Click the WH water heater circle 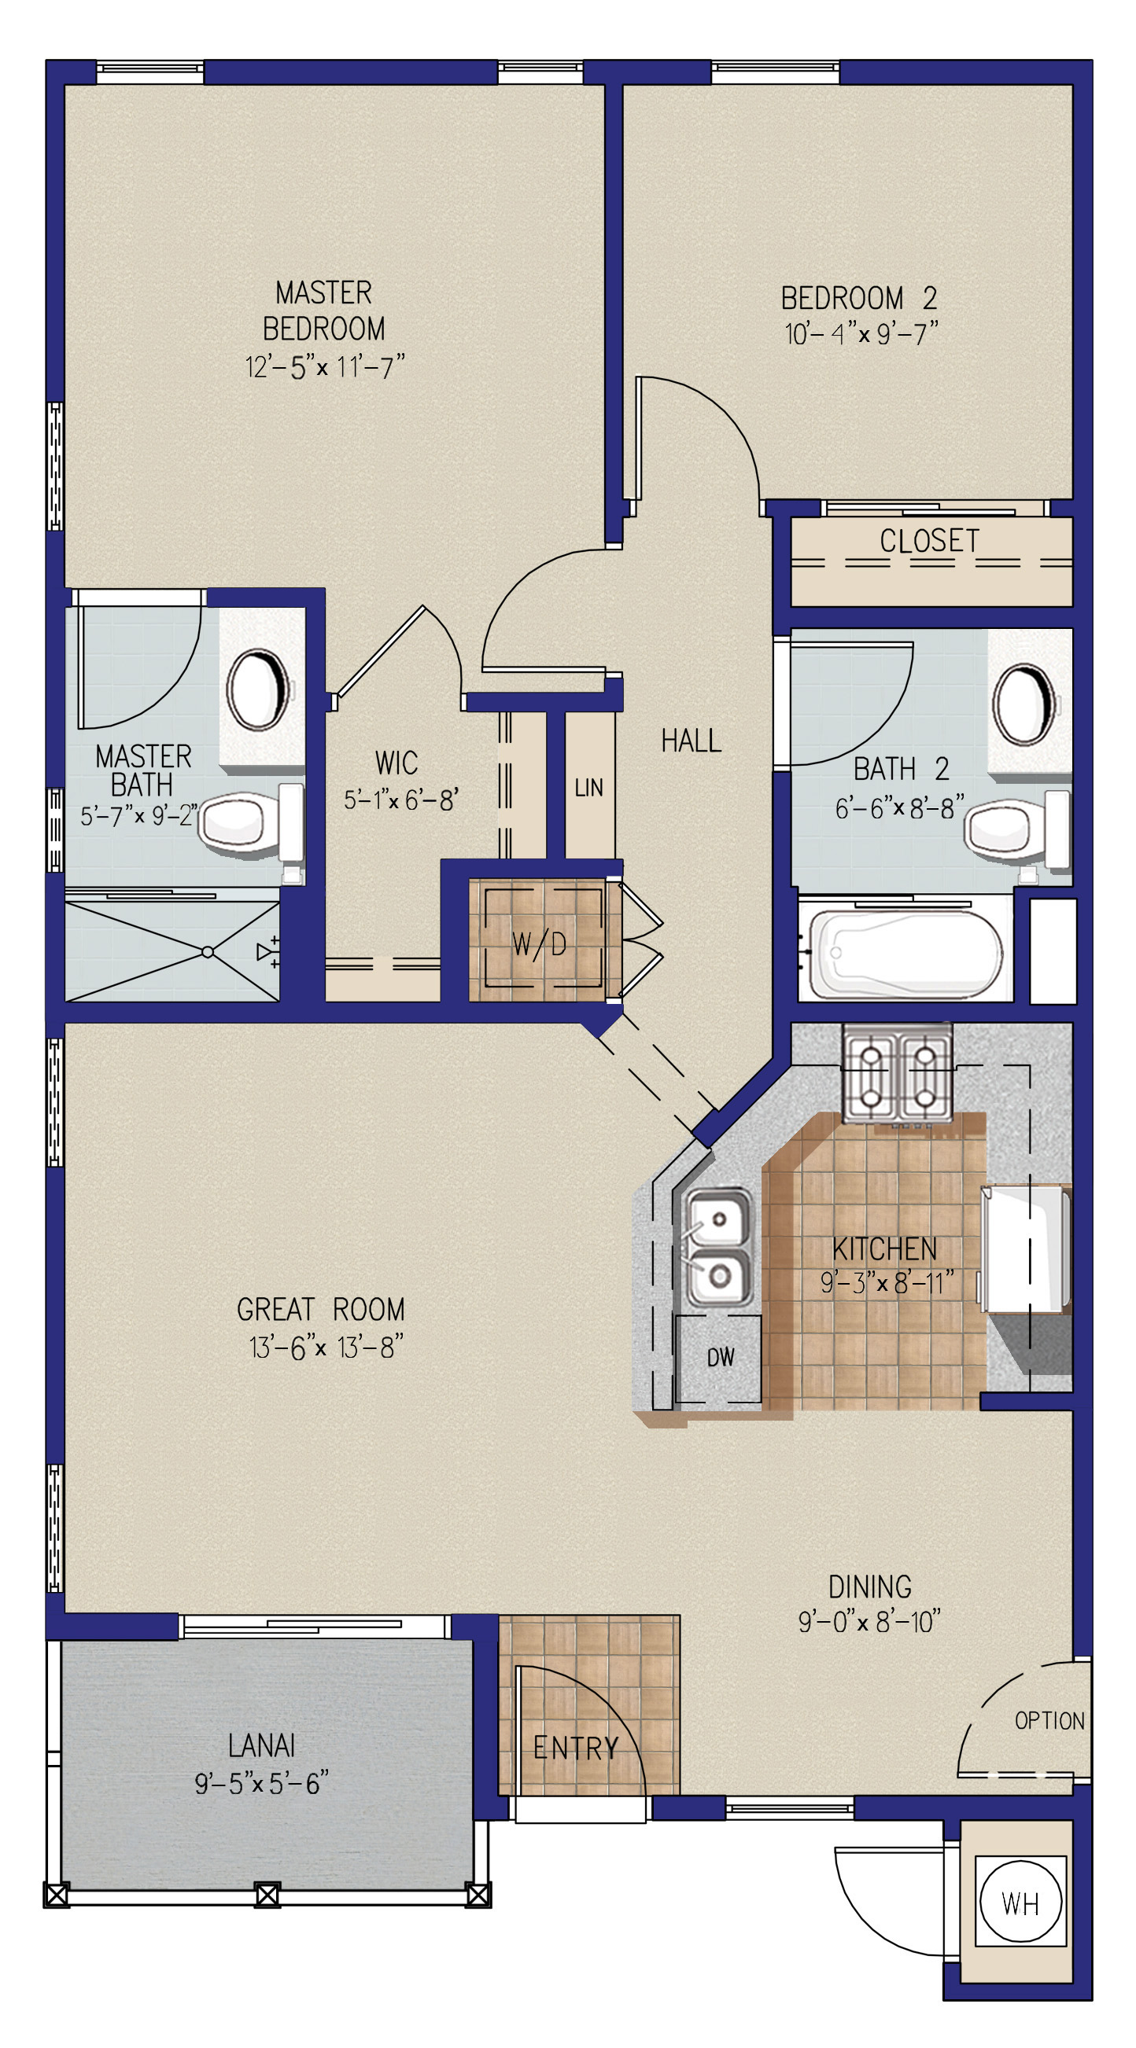(x=1020, y=1903)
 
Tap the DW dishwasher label (x=721, y=1357)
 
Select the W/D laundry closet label (x=540, y=944)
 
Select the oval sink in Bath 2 (x=1026, y=705)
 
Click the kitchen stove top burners (x=898, y=1072)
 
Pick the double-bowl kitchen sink (x=717, y=1247)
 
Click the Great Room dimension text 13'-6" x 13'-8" (x=326, y=1346)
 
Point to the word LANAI (x=262, y=1745)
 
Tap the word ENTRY (x=575, y=1748)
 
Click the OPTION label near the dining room (x=1049, y=1720)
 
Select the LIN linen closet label (x=588, y=787)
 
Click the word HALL (x=692, y=740)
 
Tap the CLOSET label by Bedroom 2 (x=929, y=541)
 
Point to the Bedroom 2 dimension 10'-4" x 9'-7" (x=861, y=333)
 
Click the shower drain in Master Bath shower (x=208, y=951)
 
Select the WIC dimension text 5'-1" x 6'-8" (x=401, y=799)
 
